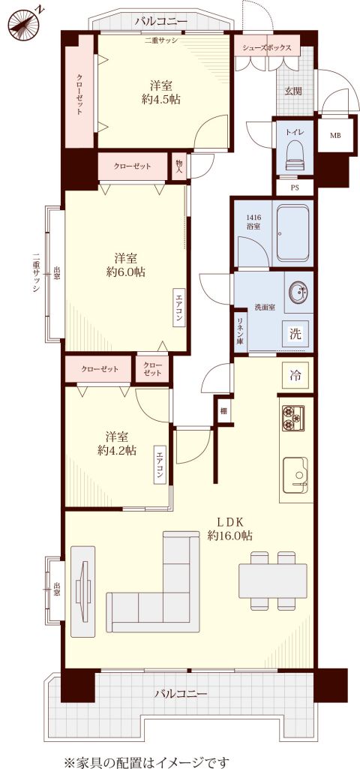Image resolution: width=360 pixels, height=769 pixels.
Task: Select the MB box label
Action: coord(335,135)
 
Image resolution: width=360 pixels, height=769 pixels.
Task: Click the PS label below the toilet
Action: coord(294,188)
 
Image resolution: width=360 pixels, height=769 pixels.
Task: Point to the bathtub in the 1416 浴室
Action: coord(292,233)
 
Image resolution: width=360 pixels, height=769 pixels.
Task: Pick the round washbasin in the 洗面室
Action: coord(297,293)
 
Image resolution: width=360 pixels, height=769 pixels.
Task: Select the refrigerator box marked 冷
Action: coord(295,376)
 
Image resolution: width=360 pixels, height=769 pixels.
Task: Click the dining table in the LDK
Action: coord(273,581)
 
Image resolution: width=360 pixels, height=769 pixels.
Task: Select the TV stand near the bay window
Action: coord(83,591)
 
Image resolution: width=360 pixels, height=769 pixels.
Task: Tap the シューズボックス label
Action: coord(266,48)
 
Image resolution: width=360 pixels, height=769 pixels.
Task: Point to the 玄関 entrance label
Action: coord(294,92)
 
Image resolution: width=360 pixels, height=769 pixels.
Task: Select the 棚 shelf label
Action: coord(223,410)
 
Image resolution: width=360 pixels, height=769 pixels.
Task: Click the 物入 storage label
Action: coord(178,167)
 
